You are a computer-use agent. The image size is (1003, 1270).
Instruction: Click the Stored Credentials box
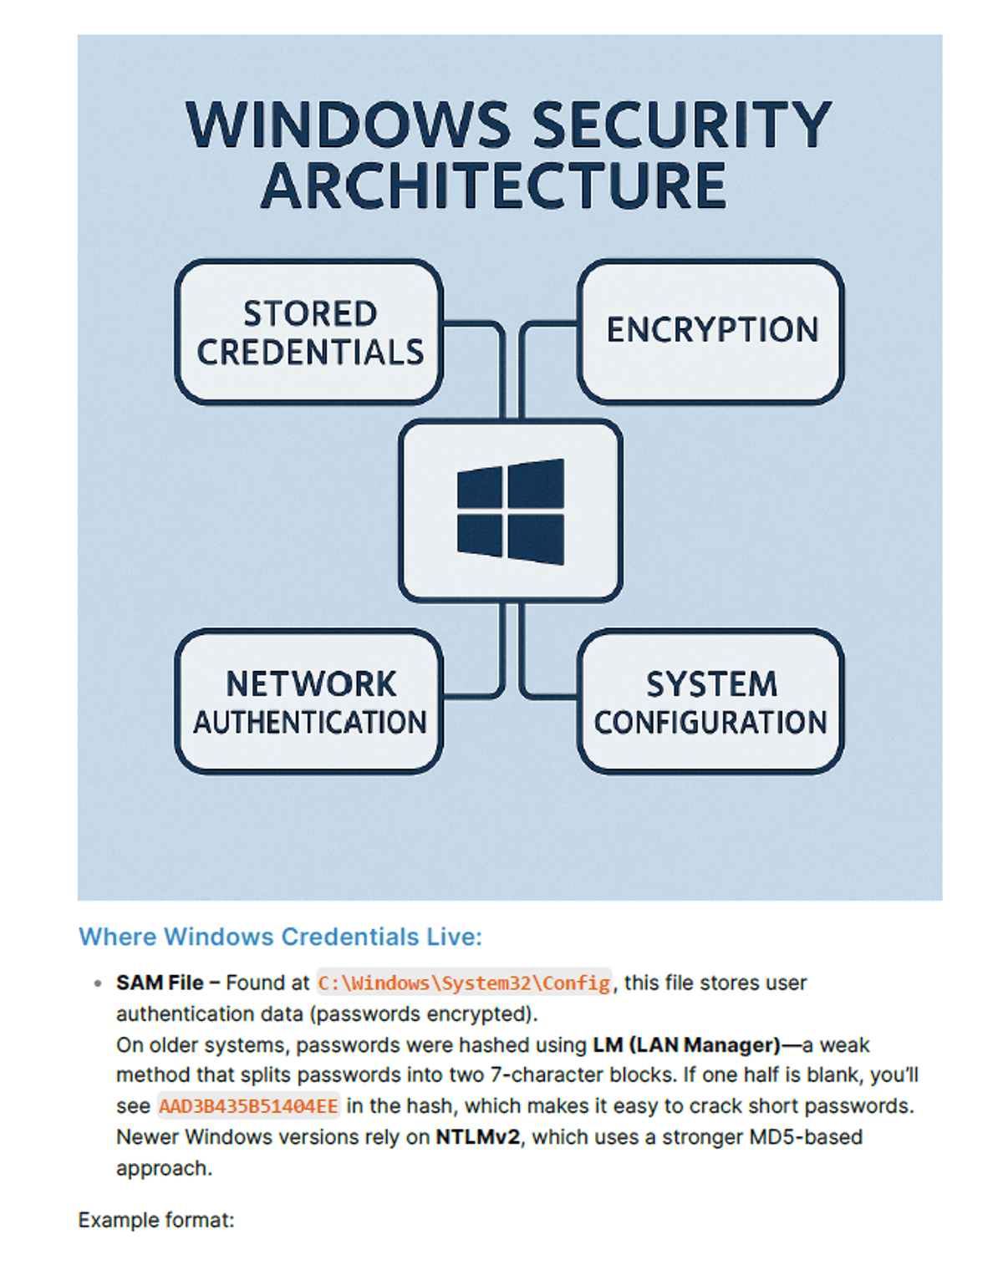[x=308, y=332]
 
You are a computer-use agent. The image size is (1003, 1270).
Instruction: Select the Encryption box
[x=710, y=332]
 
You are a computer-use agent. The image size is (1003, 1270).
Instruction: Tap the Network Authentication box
[x=308, y=701]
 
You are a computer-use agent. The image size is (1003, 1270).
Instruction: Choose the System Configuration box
[x=710, y=701]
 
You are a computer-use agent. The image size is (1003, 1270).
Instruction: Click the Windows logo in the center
[x=511, y=511]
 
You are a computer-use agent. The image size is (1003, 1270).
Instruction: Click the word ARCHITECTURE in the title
[x=493, y=185]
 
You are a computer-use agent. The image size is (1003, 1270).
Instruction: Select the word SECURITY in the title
[x=683, y=124]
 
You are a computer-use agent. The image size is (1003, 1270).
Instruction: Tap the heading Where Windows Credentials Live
[x=280, y=937]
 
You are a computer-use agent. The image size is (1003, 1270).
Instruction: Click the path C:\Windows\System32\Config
[x=464, y=983]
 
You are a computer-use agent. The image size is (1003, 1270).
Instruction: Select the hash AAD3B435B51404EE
[x=248, y=1105]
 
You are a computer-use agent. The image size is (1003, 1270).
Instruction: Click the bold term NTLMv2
[x=477, y=1136]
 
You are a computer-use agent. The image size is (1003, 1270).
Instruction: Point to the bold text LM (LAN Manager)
[x=686, y=1045]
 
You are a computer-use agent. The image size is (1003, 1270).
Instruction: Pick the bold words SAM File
[x=160, y=983]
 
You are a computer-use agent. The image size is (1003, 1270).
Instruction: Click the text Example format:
[x=156, y=1220]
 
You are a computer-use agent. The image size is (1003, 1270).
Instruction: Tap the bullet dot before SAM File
[x=98, y=983]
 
